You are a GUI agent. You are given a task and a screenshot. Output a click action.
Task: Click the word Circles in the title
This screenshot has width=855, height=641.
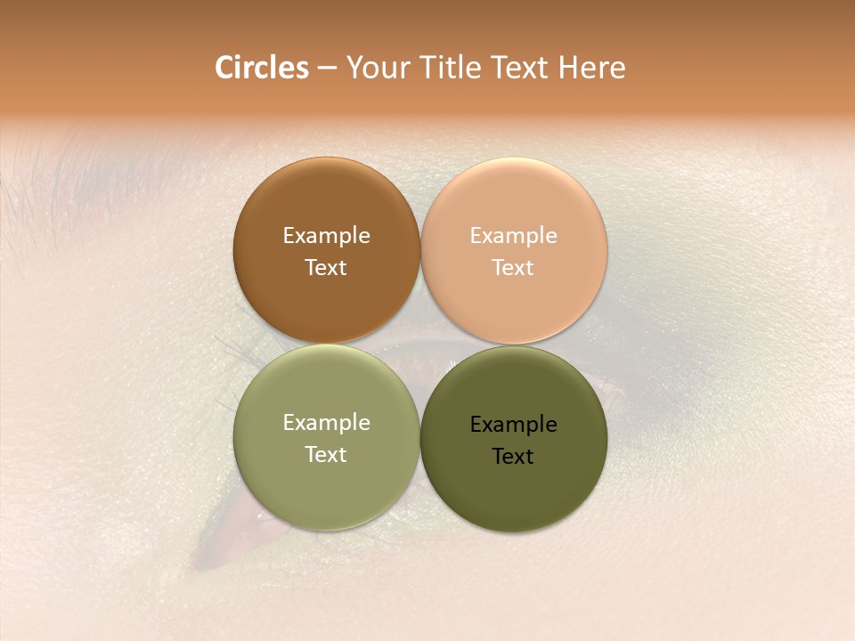[262, 68]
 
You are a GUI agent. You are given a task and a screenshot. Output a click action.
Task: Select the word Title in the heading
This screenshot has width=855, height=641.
[450, 68]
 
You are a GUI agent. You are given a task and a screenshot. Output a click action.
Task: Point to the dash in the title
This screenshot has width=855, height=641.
[327, 69]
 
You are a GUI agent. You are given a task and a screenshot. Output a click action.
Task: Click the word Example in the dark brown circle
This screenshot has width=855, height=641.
[326, 236]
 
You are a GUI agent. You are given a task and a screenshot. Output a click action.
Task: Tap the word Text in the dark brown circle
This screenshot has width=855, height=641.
[326, 267]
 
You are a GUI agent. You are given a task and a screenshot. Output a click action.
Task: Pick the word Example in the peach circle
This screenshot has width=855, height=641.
[513, 236]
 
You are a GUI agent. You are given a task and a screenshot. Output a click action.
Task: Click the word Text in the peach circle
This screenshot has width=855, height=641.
[513, 267]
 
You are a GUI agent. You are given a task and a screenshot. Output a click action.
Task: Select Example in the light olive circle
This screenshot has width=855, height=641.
[326, 423]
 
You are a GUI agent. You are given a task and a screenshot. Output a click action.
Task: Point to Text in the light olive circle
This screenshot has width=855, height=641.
[326, 454]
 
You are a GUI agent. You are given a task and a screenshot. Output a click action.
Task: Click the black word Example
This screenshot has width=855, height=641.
[513, 425]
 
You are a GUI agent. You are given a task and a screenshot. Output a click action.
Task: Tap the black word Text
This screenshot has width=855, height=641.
[513, 456]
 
